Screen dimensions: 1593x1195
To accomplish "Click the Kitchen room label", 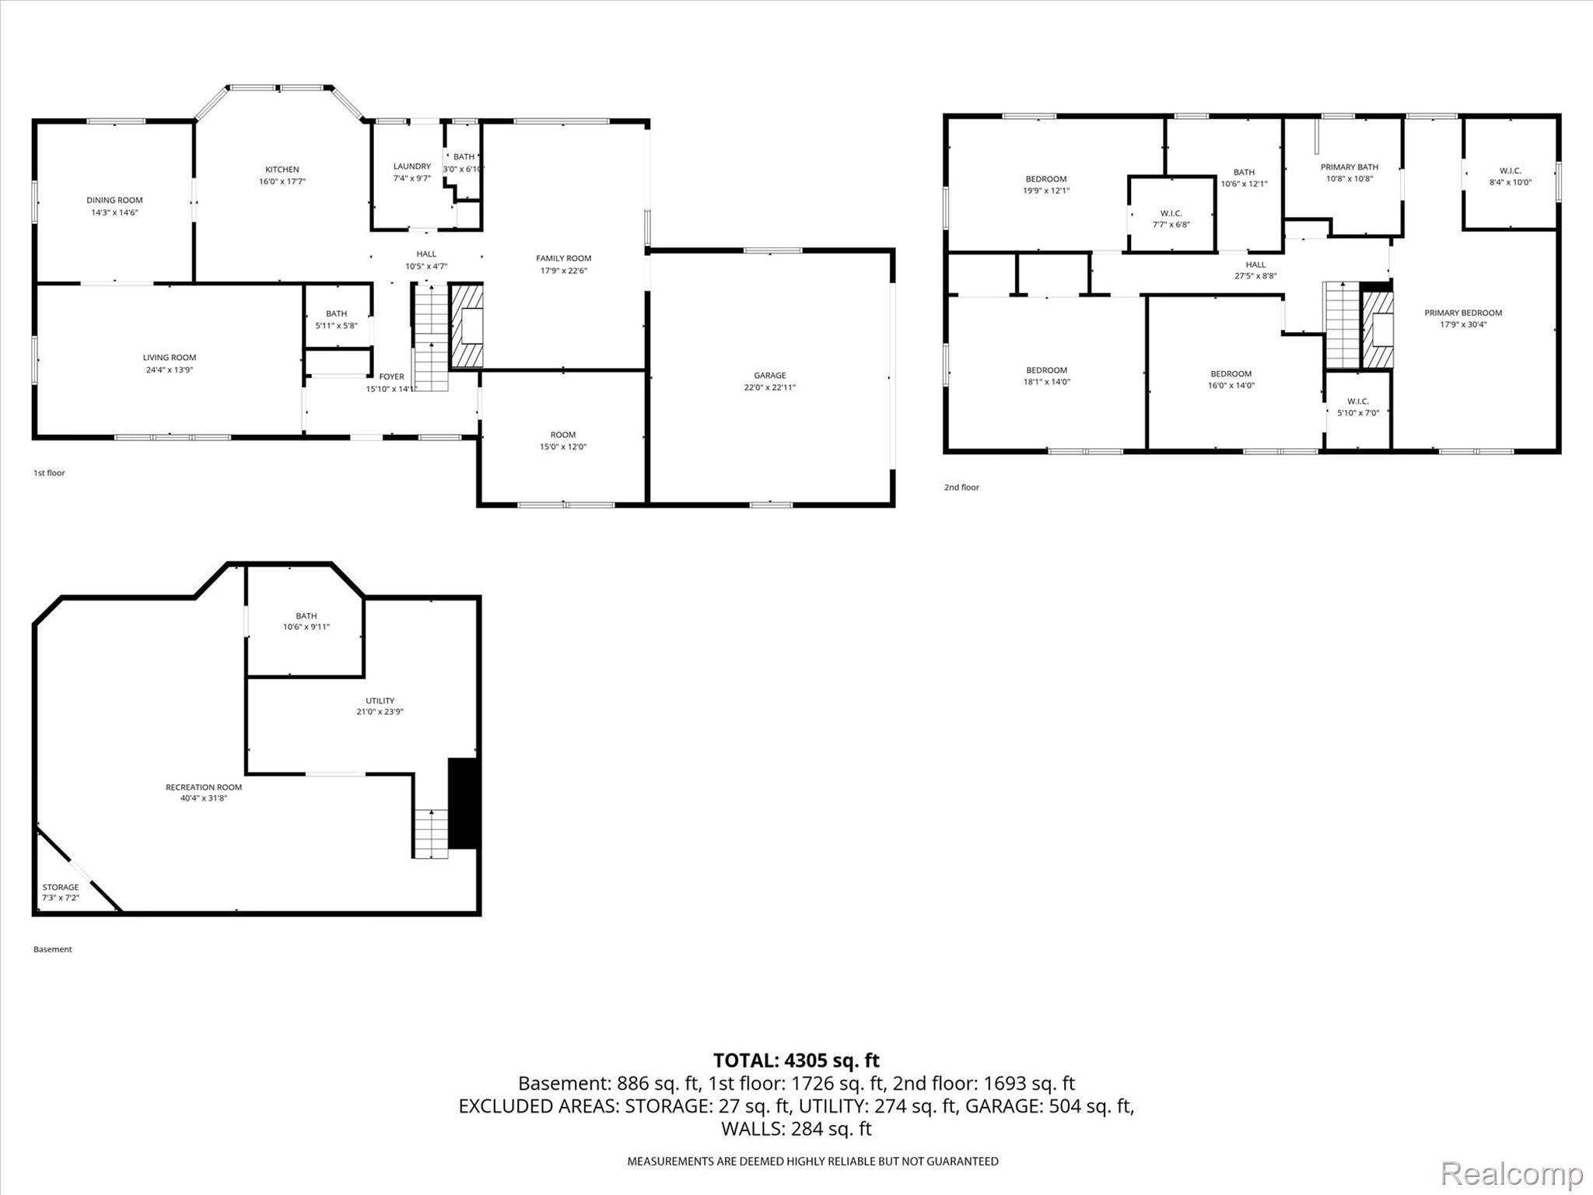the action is [282, 170].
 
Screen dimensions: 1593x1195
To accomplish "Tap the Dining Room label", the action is [114, 201].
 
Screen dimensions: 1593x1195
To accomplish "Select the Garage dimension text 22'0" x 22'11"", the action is [770, 387].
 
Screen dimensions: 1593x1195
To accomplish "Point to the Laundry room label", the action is [412, 166].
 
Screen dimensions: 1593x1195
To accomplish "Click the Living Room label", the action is [170, 358].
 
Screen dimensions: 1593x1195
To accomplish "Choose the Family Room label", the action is [564, 258].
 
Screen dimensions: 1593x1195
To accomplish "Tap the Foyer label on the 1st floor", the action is [392, 377].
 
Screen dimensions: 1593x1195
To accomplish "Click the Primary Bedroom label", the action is [1463, 313].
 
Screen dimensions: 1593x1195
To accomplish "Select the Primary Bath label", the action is [1350, 167].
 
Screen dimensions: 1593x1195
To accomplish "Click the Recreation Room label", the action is [204, 787].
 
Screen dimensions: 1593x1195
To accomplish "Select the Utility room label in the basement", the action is [380, 701].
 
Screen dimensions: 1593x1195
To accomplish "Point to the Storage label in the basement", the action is [61, 887].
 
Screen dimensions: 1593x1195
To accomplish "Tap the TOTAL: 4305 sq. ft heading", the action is [796, 1060].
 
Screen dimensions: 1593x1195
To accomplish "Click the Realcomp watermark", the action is [1512, 1173].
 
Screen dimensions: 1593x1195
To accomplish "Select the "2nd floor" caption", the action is [961, 488].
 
